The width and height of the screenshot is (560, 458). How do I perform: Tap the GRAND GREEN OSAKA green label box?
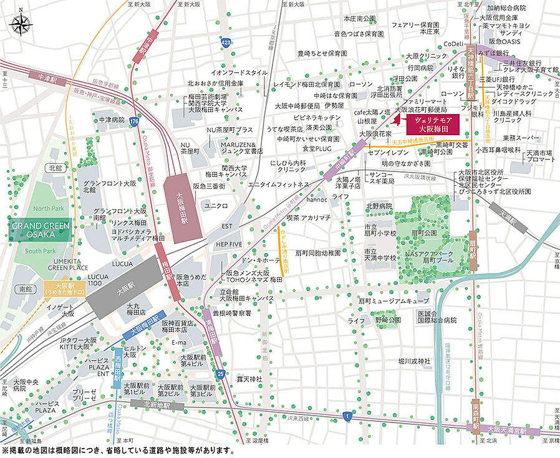(41, 230)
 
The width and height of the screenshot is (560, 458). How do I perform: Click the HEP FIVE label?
(229, 244)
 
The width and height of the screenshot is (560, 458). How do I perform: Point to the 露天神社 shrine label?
(249, 378)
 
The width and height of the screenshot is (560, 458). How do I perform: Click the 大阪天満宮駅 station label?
(506, 429)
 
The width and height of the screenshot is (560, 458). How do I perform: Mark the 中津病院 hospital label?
(108, 119)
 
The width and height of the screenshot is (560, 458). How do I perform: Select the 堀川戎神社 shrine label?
(415, 361)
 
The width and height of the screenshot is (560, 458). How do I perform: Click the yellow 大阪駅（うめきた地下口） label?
(65, 290)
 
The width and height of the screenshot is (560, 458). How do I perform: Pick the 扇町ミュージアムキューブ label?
(394, 300)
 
